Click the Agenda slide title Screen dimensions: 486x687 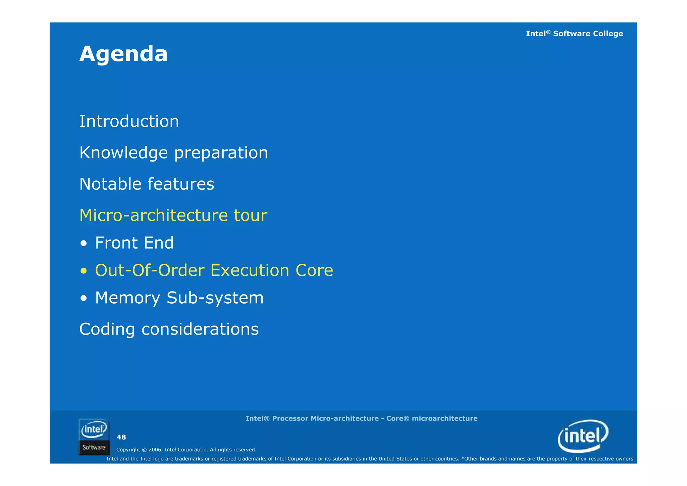[123, 54]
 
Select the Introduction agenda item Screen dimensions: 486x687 [129, 121]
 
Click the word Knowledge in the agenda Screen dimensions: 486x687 [123, 153]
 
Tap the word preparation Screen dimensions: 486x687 [221, 153]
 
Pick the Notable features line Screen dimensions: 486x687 [147, 184]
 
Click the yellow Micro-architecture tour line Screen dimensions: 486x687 [173, 215]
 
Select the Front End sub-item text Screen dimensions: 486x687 [134, 243]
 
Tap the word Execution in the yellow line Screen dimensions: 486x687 [250, 270]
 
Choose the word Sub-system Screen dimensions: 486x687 [215, 298]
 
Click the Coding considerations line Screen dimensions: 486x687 [169, 329]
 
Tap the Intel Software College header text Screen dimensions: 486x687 [574, 34]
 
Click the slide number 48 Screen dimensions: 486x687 [121, 437]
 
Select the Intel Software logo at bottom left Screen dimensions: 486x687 [94, 437]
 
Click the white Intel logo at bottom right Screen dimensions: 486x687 [583, 436]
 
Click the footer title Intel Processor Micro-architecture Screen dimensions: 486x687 [361, 418]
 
